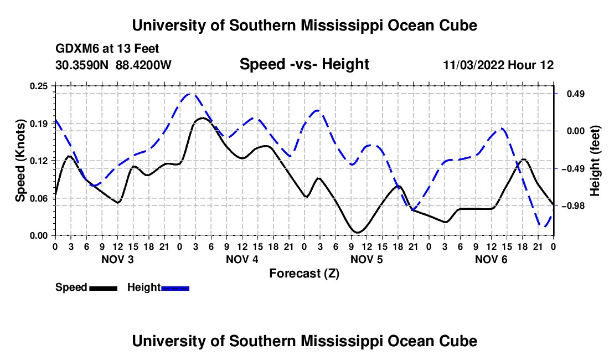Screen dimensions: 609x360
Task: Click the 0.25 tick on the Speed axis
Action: [39, 86]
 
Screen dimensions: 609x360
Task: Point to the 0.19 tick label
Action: [39, 124]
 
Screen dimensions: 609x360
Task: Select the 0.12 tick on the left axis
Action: [39, 161]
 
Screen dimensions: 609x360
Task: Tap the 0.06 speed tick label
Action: [39, 198]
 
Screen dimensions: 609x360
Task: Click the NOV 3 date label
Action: [117, 259]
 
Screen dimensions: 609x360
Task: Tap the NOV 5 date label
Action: [367, 259]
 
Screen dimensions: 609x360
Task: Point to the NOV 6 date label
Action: [491, 259]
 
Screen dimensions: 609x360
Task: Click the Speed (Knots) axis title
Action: [20, 161]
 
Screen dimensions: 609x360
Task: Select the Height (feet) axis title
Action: [595, 161]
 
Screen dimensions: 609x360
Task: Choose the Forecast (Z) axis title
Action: [304, 274]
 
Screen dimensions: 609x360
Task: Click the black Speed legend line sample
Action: [104, 288]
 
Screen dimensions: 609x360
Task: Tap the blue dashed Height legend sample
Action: [175, 288]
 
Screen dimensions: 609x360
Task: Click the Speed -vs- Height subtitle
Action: [304, 64]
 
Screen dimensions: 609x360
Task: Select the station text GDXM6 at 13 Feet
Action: [107, 49]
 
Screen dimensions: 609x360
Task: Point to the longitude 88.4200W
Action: [143, 65]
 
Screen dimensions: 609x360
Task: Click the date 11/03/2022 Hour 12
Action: [498, 65]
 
